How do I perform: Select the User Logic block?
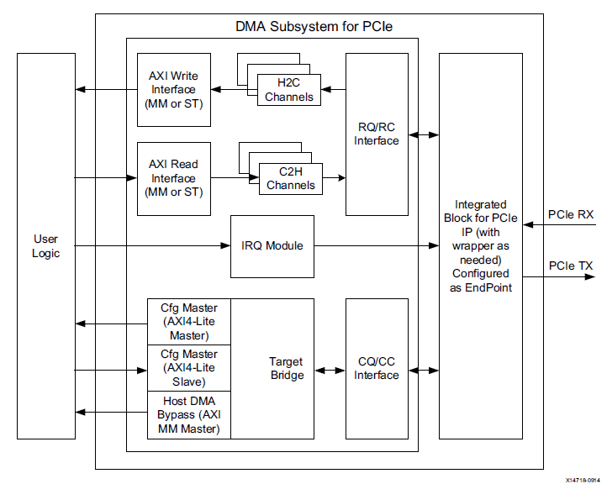(45, 245)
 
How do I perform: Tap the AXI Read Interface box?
(173, 178)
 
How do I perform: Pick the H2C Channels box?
(288, 90)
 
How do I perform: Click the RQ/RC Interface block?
(376, 134)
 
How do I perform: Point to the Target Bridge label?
(286, 368)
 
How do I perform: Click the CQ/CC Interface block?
(376, 368)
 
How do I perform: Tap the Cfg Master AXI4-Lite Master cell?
(188, 322)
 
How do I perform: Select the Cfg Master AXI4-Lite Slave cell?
(188, 368)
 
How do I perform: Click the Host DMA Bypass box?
(188, 415)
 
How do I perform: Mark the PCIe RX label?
(571, 214)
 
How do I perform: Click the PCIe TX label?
(571, 266)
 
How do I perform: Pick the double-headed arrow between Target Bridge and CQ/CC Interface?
(330, 369)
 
